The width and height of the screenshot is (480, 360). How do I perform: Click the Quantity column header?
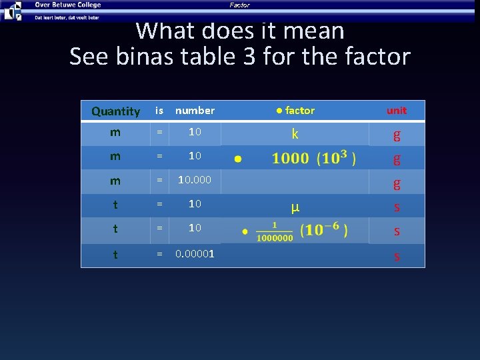point(115,111)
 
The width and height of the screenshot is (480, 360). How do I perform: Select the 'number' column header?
point(195,111)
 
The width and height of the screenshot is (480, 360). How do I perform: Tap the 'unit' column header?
point(397,111)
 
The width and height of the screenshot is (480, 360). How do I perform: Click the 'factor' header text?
point(299,111)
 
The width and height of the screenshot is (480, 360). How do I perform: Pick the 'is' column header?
point(159,111)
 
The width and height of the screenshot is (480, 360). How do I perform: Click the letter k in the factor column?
point(295,135)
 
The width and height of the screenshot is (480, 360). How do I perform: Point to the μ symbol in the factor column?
point(295,207)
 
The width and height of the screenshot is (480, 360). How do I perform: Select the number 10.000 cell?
point(195,180)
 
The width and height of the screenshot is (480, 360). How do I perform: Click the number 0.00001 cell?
point(195,253)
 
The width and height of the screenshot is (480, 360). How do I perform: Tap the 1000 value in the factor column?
point(290,159)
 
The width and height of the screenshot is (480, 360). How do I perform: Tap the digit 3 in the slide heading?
point(249,57)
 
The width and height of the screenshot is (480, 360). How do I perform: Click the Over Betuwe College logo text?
point(67,5)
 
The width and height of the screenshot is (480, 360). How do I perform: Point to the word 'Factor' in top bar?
point(239,5)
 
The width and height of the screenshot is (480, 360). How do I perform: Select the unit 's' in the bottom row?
point(397,255)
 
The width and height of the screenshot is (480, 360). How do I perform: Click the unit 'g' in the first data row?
point(397,135)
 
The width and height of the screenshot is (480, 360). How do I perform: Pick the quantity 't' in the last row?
point(115,253)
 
